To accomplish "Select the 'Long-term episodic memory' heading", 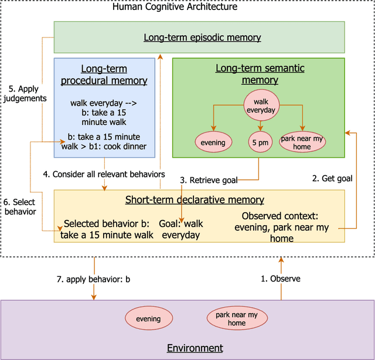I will (202, 38).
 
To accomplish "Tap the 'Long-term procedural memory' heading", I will (105, 75).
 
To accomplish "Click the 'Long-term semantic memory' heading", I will (260, 74).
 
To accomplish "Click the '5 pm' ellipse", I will (260, 141).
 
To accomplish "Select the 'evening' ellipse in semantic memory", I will (213, 141).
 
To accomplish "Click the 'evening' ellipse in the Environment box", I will (148, 319).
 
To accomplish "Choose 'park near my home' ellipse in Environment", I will (237, 319).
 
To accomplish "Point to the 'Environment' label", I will (195, 348).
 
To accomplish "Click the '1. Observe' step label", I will (281, 279).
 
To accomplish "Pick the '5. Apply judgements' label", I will (24, 94).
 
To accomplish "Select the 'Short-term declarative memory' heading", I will (195, 201).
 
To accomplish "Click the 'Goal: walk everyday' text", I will (181, 229).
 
